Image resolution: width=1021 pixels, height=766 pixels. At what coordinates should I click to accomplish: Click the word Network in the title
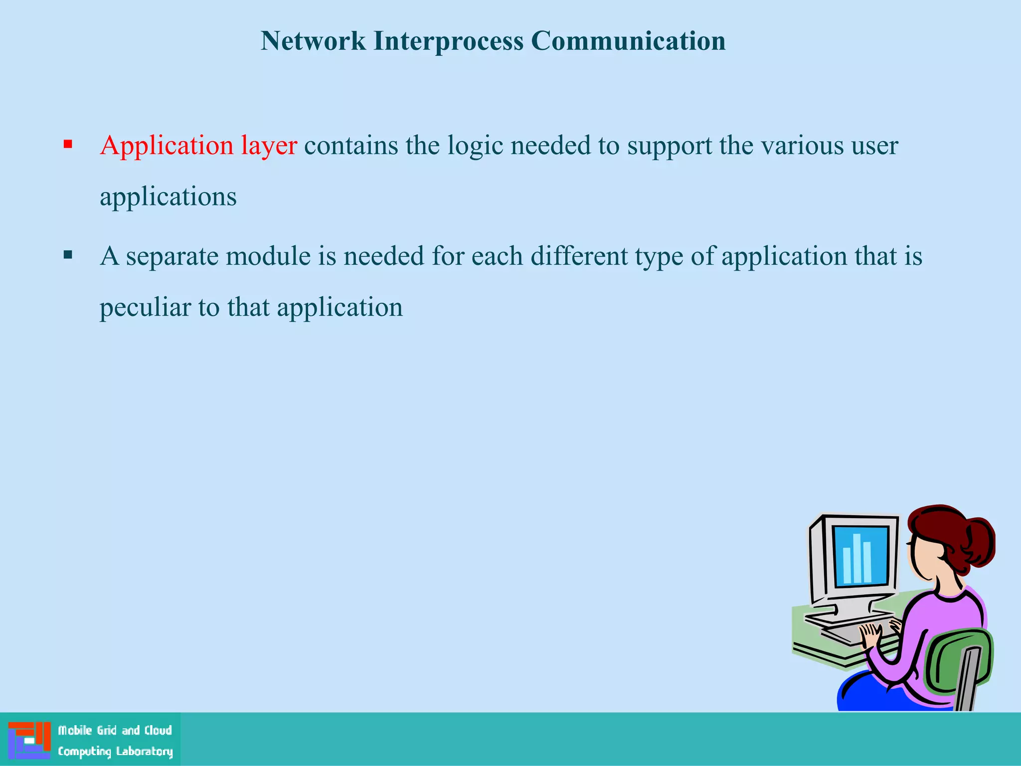[x=313, y=41]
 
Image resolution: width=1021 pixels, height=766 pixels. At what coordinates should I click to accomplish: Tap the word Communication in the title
[x=628, y=41]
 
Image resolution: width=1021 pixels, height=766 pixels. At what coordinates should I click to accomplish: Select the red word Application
[x=167, y=146]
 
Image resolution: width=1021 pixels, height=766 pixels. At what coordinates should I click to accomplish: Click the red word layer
[x=269, y=146]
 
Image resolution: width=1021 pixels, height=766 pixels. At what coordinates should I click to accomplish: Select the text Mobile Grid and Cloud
[x=115, y=731]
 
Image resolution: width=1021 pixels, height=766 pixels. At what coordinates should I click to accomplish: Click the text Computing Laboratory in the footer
[x=115, y=751]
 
